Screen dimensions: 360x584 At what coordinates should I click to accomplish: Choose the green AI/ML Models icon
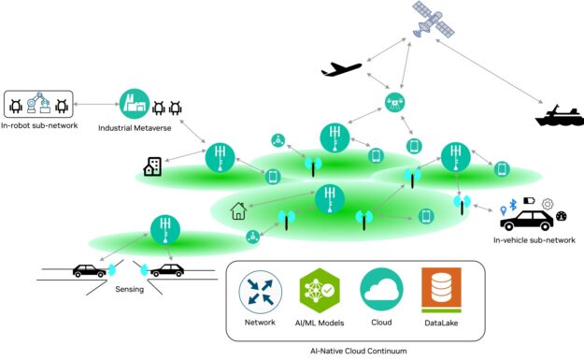(x=318, y=290)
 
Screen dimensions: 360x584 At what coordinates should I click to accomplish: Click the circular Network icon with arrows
(x=259, y=290)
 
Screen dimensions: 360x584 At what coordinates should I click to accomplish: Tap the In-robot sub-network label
(x=38, y=126)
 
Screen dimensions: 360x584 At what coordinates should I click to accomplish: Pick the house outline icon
(x=238, y=211)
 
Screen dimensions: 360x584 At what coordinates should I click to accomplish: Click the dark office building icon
(x=152, y=166)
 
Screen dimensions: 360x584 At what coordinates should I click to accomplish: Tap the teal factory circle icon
(x=134, y=103)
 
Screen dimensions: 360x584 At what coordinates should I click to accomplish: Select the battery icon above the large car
(x=527, y=200)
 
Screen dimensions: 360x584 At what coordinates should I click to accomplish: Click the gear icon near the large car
(x=548, y=203)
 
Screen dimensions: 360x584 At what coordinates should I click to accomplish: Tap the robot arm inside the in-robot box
(x=38, y=103)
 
